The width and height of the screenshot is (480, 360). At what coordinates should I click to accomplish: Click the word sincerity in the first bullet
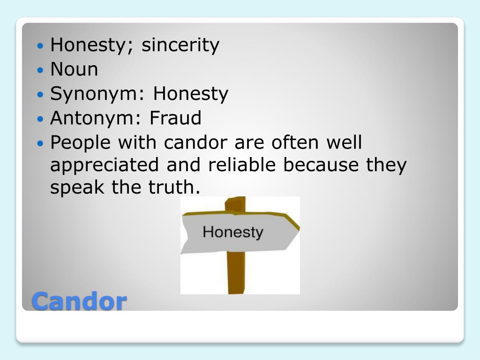180,45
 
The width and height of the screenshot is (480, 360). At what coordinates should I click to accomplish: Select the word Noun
74,70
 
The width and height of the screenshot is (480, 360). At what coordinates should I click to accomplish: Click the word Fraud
175,118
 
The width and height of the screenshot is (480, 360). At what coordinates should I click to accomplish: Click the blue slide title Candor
79,301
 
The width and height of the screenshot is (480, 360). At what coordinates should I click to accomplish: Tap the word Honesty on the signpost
232,232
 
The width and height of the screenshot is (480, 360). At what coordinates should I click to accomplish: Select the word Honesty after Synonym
190,94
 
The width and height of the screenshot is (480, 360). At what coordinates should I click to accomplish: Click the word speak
78,188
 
